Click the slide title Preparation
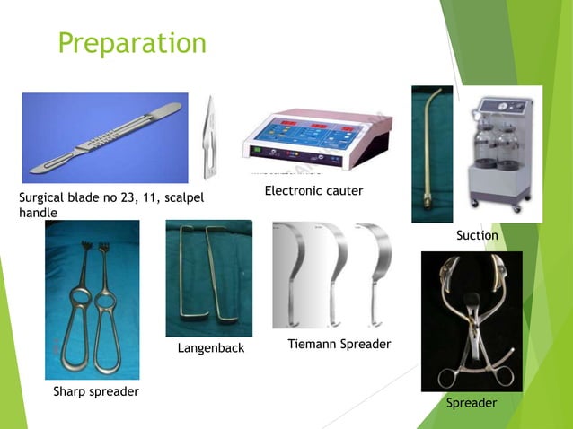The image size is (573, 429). pyautogui.click(x=132, y=42)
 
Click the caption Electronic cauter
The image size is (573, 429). pyautogui.click(x=313, y=192)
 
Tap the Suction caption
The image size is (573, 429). pyautogui.click(x=477, y=235)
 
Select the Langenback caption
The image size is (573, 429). pyautogui.click(x=210, y=348)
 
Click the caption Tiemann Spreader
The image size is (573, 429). pyautogui.click(x=339, y=345)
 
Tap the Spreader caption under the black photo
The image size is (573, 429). pyautogui.click(x=472, y=404)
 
